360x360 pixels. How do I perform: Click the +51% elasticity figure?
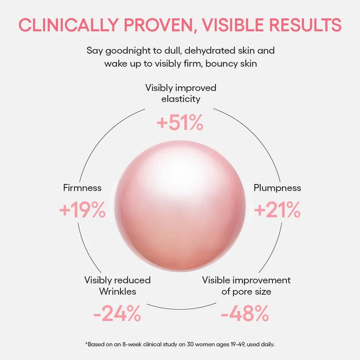click(x=180, y=123)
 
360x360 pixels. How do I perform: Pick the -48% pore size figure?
click(x=245, y=313)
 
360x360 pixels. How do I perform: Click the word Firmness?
click(x=82, y=188)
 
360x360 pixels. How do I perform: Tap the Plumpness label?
click(x=277, y=188)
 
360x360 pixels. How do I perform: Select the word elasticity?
click(x=180, y=99)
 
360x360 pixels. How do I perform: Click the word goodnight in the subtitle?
click(x=127, y=50)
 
